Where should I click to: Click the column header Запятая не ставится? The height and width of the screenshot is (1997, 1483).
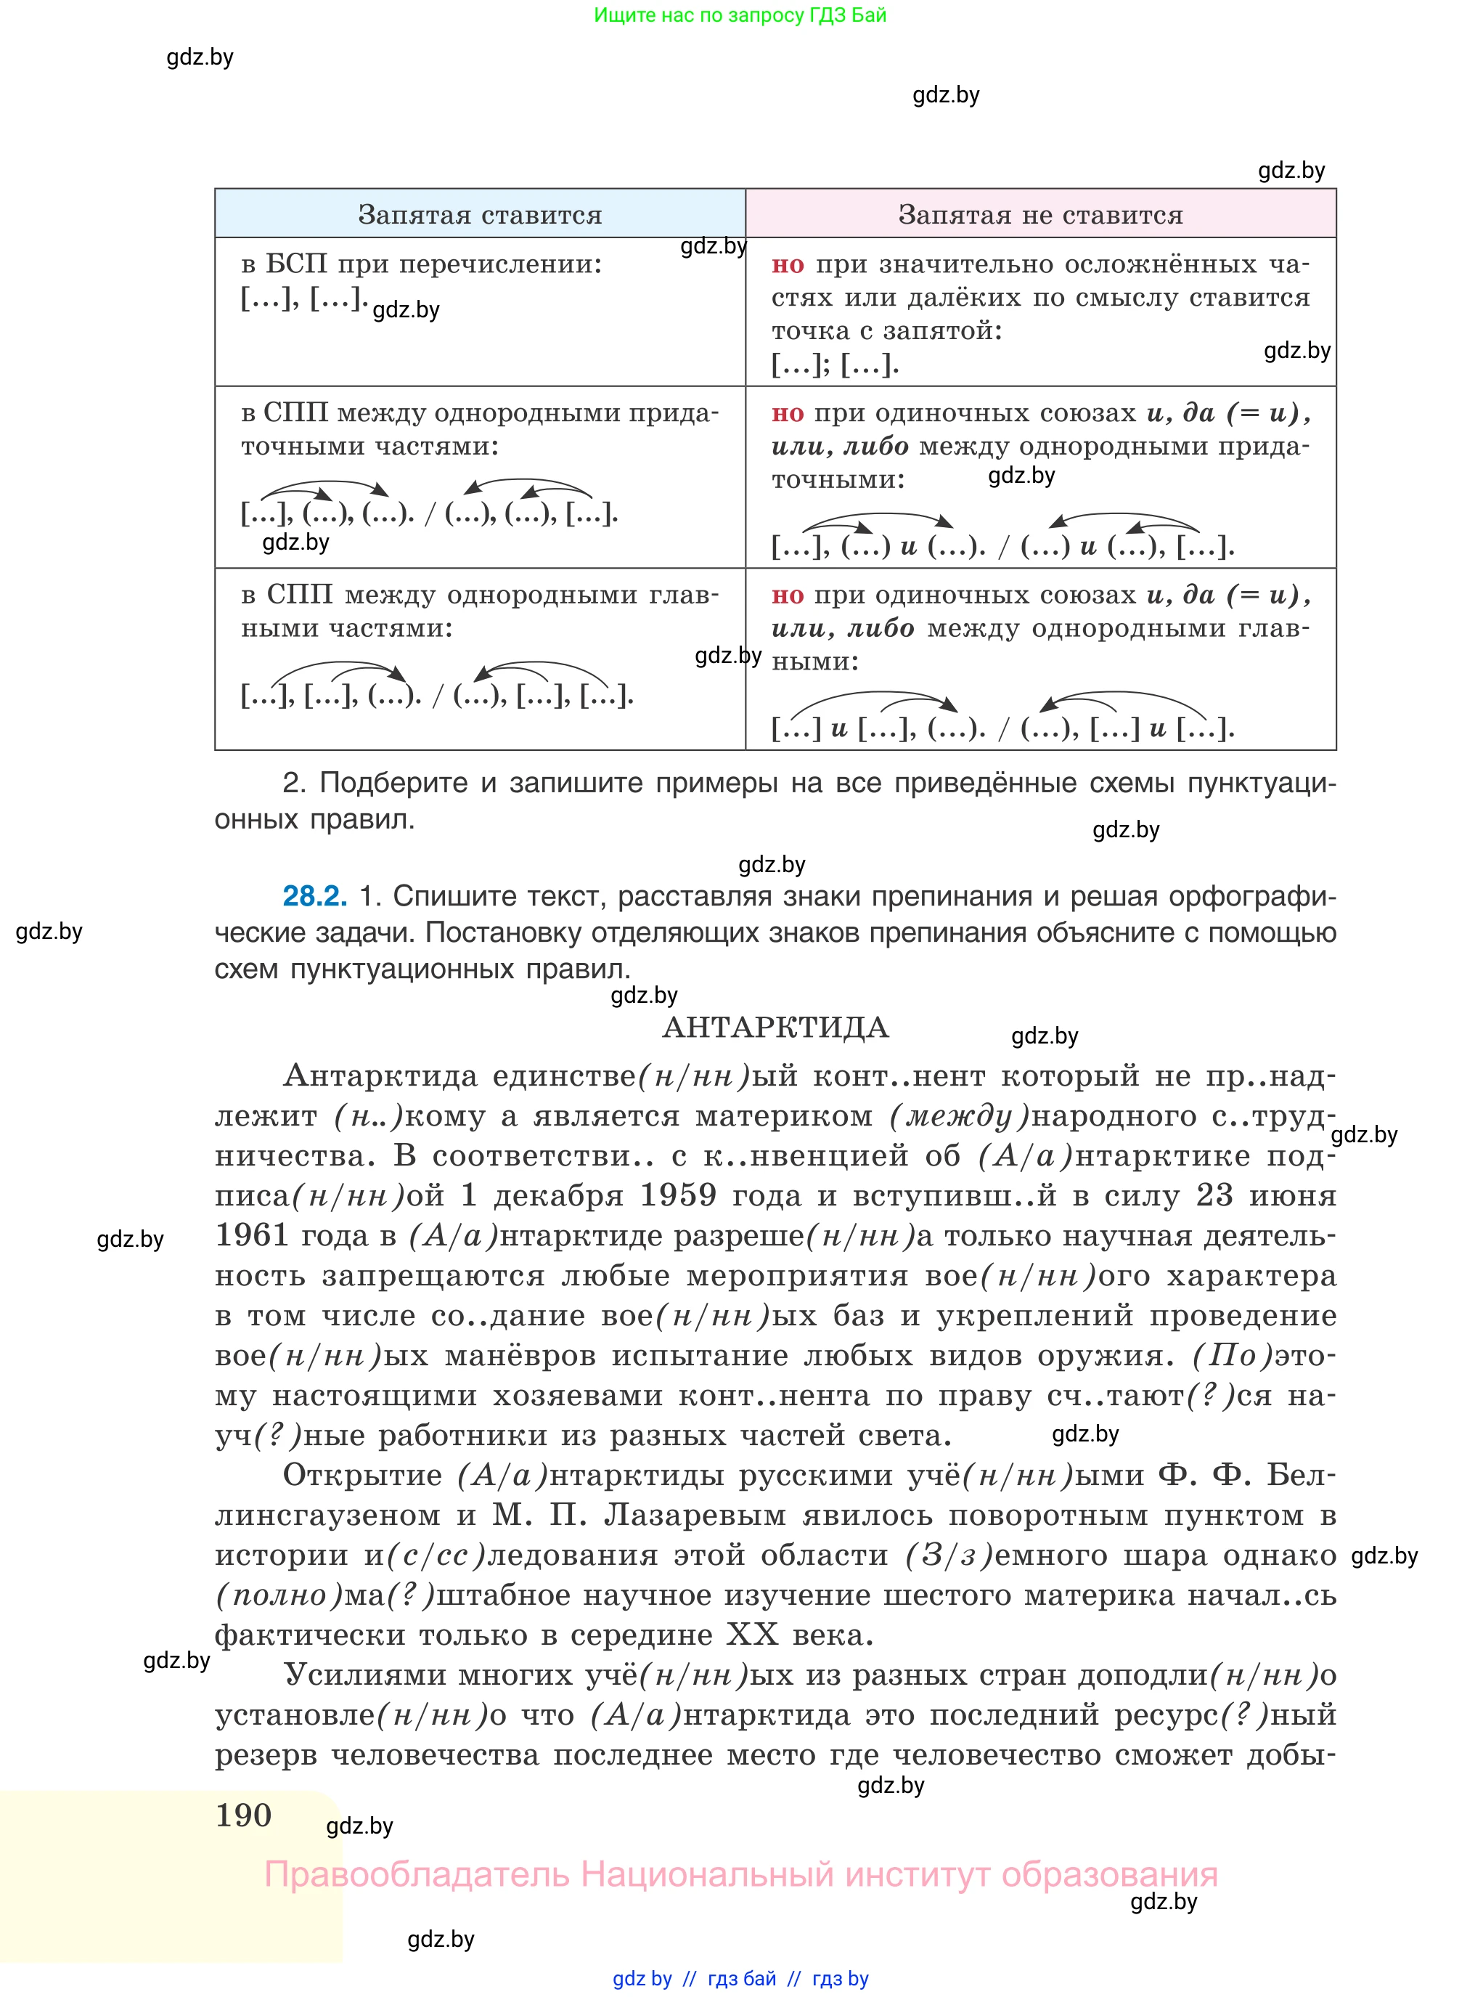[1039, 215]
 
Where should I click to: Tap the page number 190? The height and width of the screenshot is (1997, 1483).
[243, 1815]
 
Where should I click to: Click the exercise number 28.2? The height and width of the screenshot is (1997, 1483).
[314, 895]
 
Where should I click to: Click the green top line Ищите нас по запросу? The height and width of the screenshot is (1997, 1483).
[740, 15]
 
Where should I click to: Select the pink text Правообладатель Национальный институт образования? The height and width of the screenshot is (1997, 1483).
[740, 1875]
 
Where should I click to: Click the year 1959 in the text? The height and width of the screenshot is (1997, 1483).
[678, 1195]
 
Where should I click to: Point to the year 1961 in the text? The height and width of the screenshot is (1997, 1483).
[251, 1235]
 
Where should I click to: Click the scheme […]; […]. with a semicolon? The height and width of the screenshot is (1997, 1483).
[835, 365]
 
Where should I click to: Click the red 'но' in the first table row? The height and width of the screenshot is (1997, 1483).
[788, 264]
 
